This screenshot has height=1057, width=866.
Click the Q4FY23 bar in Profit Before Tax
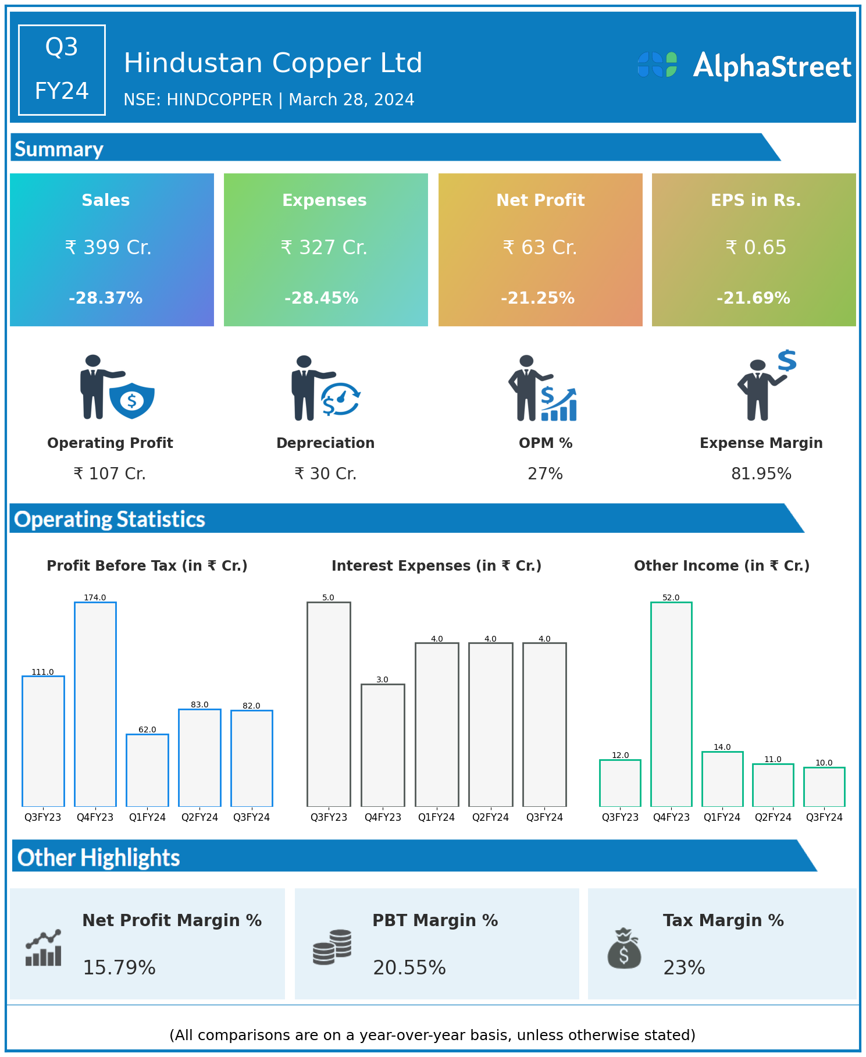click(95, 704)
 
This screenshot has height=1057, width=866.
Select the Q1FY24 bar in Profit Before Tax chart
click(147, 770)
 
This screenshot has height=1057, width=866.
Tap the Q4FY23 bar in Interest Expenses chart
click(383, 745)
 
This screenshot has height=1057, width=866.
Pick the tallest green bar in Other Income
click(671, 704)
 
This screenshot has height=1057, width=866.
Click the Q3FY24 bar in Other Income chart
click(824, 786)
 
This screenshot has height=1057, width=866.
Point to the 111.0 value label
click(42, 672)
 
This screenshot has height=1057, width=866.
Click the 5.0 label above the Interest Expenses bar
click(329, 597)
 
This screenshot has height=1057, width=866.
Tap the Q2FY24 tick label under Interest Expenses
click(490, 817)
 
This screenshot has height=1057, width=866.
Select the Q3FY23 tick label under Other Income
click(620, 817)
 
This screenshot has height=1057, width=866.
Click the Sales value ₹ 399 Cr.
click(108, 248)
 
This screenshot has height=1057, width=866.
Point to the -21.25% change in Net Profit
click(538, 298)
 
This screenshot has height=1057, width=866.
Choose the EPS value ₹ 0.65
click(756, 248)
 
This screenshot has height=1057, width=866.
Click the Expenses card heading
click(325, 200)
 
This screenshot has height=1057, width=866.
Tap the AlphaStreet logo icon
click(657, 65)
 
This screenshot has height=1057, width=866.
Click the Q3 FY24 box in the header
click(62, 70)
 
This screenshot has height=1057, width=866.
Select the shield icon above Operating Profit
click(132, 400)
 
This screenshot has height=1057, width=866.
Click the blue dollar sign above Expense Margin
click(787, 361)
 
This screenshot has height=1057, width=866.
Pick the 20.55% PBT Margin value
click(409, 967)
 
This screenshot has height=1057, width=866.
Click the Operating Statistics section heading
click(110, 519)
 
